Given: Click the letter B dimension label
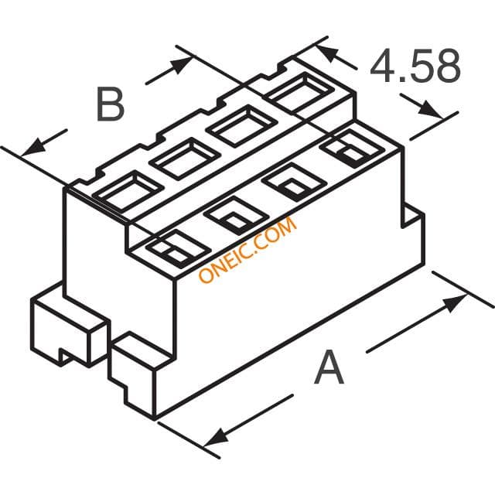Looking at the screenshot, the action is click(x=110, y=104).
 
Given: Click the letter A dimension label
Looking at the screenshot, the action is click(x=329, y=367).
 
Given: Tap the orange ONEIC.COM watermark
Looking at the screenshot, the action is click(x=247, y=249).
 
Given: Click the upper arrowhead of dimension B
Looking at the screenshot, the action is click(x=181, y=65).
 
